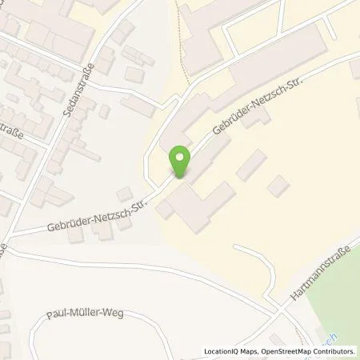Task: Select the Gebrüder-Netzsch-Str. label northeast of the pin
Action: (250, 118)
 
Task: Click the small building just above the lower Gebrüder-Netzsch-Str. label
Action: (123, 195)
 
